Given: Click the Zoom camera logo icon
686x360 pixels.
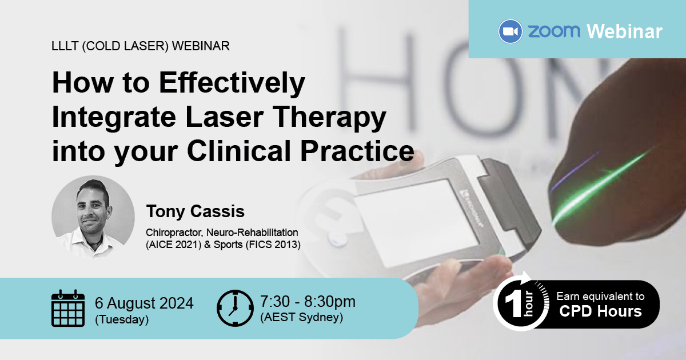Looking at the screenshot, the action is (x=510, y=31).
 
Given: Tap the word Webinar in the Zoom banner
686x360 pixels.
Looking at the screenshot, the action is (x=624, y=31).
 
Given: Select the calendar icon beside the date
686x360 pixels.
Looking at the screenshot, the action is (x=68, y=308).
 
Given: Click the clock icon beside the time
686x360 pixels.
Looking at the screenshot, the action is (x=235, y=308).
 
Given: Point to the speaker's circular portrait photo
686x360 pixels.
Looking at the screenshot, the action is (x=93, y=217).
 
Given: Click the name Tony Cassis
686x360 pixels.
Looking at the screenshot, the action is (x=196, y=211).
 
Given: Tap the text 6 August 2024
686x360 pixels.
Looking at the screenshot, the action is (x=144, y=303).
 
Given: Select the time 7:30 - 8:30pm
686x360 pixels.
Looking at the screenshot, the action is (x=308, y=302).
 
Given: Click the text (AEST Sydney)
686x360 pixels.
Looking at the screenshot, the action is (x=301, y=317).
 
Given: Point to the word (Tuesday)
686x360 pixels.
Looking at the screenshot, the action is (x=122, y=319).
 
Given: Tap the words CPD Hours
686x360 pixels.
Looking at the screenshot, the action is (x=600, y=311).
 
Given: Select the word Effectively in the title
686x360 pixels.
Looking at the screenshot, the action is (x=232, y=83).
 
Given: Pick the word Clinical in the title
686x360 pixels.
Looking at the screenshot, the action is (x=239, y=151).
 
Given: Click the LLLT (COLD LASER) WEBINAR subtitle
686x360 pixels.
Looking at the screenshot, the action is (x=141, y=46).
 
